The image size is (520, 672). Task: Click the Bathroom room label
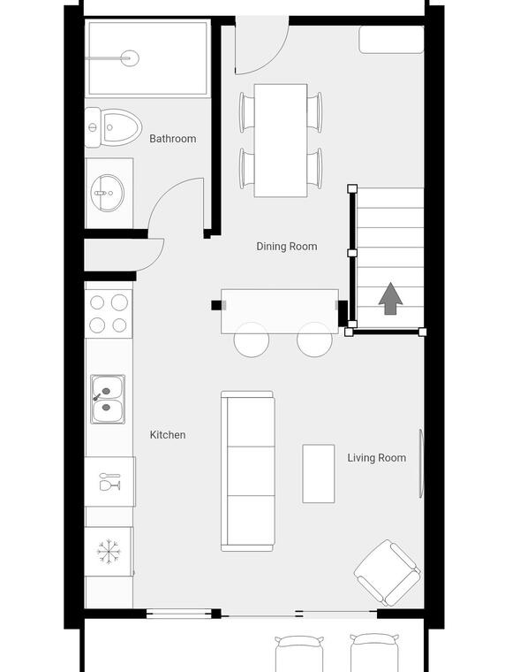[173, 139]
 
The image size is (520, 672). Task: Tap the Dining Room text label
[287, 247]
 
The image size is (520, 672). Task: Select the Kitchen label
[168, 435]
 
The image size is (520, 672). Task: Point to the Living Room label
[377, 458]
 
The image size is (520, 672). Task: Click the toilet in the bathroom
[114, 127]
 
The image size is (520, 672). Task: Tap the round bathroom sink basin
[107, 193]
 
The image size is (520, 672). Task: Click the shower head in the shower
[130, 57]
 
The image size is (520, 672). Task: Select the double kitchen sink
[108, 399]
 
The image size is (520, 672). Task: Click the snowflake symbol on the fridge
[109, 551]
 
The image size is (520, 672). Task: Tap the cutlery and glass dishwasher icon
[110, 481]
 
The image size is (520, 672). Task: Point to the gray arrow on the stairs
[390, 299]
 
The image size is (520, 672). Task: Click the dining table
[281, 141]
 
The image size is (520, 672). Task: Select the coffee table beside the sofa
[319, 474]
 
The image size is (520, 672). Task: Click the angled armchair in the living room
[388, 573]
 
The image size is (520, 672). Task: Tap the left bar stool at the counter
[252, 340]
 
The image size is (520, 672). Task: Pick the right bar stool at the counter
[314, 340]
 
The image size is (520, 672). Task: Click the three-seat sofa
[248, 471]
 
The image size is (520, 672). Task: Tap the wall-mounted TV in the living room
[421, 463]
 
